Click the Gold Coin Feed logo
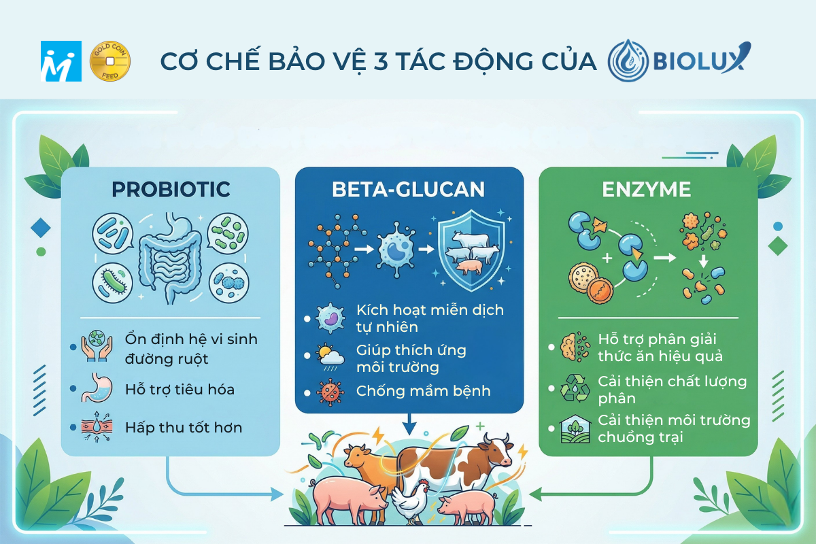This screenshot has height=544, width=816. pyautogui.click(x=109, y=61)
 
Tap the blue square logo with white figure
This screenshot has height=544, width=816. pyautogui.click(x=61, y=61)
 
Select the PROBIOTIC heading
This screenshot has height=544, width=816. pyautogui.click(x=171, y=189)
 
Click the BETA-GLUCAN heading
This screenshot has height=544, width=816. pyautogui.click(x=409, y=189)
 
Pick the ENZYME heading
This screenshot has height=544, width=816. pyautogui.click(x=647, y=189)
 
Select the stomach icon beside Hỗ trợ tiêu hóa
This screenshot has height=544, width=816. pyautogui.click(x=95, y=390)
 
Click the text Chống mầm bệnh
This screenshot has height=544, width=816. pyautogui.click(x=423, y=391)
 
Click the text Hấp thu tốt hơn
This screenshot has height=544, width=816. pyautogui.click(x=184, y=428)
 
